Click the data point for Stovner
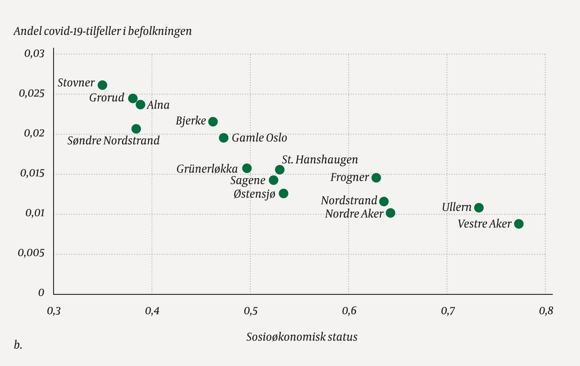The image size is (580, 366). click(103, 85)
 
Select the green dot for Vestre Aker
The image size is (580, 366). click(519, 224)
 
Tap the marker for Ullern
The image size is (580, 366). click(479, 208)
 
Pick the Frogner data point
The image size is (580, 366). click(376, 178)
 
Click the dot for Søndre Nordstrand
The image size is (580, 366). click(136, 129)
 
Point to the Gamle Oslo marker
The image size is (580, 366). click(224, 138)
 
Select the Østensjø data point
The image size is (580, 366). click(284, 193)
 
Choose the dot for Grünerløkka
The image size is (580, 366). click(247, 168)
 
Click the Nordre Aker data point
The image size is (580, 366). click(390, 213)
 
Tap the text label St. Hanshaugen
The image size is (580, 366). click(320, 160)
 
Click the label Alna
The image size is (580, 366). click(158, 105)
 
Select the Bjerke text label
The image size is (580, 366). click(191, 121)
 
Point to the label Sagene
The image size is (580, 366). click(248, 181)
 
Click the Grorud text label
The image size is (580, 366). click(107, 98)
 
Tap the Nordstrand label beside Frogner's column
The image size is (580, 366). click(349, 200)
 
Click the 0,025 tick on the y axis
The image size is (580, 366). click(32, 94)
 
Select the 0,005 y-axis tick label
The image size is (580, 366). click(31, 253)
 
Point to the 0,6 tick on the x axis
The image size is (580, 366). click(349, 311)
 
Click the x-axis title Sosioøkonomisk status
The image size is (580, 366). click(302, 337)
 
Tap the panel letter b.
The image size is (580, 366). click(18, 345)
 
